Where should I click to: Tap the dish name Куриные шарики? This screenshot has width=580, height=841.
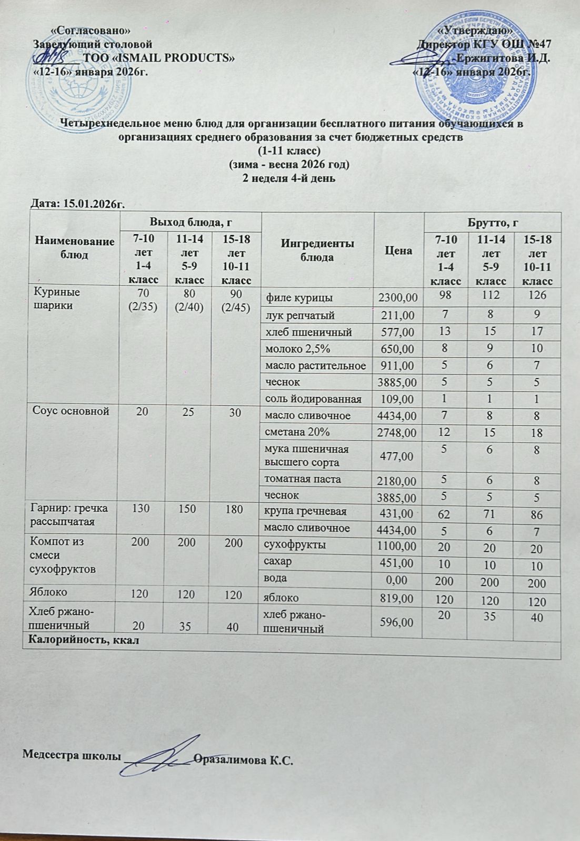(57, 298)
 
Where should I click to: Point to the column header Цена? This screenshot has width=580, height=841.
(398, 250)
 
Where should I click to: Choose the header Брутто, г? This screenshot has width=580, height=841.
(492, 222)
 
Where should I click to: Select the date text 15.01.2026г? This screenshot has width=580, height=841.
(94, 204)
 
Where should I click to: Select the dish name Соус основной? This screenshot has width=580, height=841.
(72, 411)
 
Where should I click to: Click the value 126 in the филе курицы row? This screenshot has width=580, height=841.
(537, 296)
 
